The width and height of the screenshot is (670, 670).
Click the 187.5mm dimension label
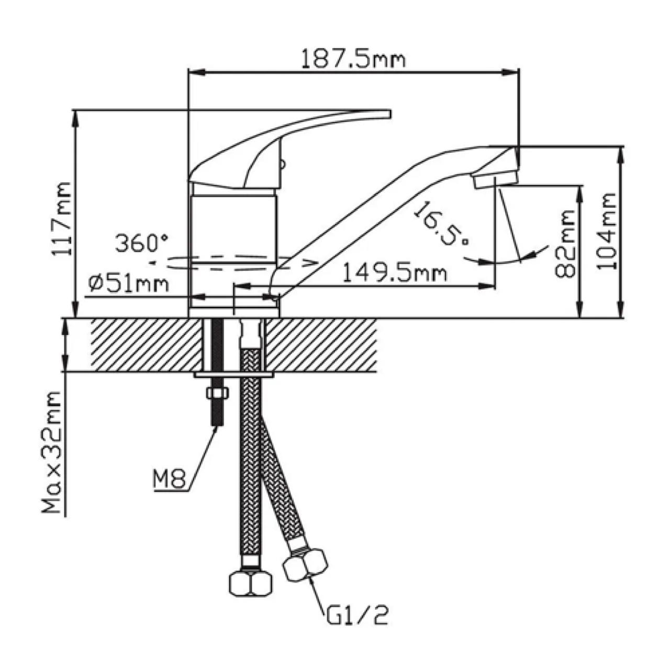coord(353,59)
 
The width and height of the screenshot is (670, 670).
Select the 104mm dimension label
coord(607,230)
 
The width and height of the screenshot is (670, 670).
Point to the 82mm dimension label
coord(565,243)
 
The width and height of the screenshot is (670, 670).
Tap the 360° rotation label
coord(141,243)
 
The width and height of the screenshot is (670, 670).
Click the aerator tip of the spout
coord(495,180)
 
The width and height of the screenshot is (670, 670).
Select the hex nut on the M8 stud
coord(217,394)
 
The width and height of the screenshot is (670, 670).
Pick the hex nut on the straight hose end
coord(251,582)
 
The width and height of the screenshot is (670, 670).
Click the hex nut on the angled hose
coord(306,564)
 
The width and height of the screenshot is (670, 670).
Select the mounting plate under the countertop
coord(233,375)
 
